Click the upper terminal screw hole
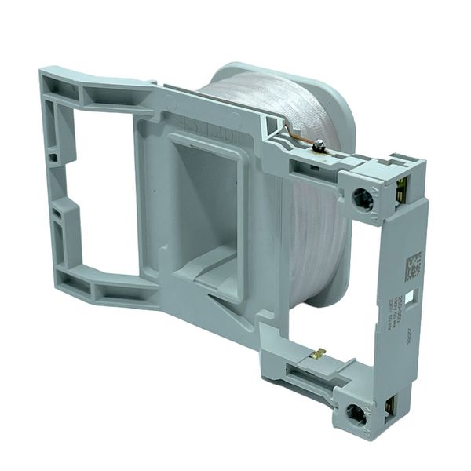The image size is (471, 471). click(363, 199)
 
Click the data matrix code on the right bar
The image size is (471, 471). click(413, 267)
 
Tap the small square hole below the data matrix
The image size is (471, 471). click(411, 297)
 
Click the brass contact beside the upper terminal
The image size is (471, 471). click(401, 188)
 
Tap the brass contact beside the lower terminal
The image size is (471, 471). click(392, 404)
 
